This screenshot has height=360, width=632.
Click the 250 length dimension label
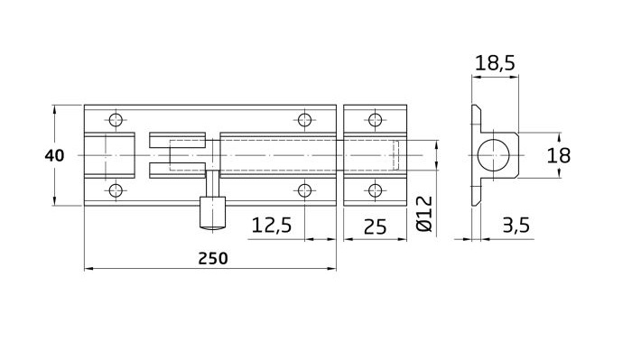tap(213, 259)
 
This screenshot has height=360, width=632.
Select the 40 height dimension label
tap(54, 155)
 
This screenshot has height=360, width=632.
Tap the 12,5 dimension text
tap(271, 225)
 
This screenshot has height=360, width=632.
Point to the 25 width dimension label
tap(375, 226)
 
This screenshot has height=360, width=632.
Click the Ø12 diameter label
tap(425, 214)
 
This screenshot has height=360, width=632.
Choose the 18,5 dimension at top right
tap(495, 63)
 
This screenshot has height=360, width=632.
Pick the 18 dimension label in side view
tap(558, 155)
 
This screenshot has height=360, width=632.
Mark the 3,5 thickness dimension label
tap(516, 225)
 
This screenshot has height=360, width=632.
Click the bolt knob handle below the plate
tap(212, 214)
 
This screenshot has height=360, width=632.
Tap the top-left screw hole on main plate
tap(116, 120)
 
